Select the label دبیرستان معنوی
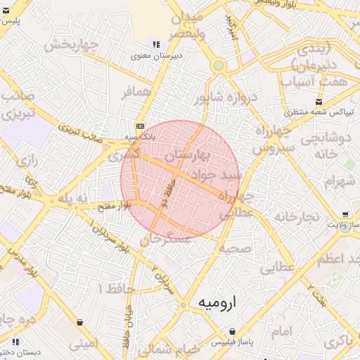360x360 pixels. click(x=158, y=56)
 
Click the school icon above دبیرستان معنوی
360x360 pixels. click(x=155, y=44)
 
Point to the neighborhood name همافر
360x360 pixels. click(x=136, y=92)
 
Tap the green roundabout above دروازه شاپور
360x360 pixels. click(x=219, y=65)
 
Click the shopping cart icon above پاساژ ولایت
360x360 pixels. click(x=345, y=214)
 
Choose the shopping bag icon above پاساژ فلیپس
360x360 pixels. click(x=232, y=331)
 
